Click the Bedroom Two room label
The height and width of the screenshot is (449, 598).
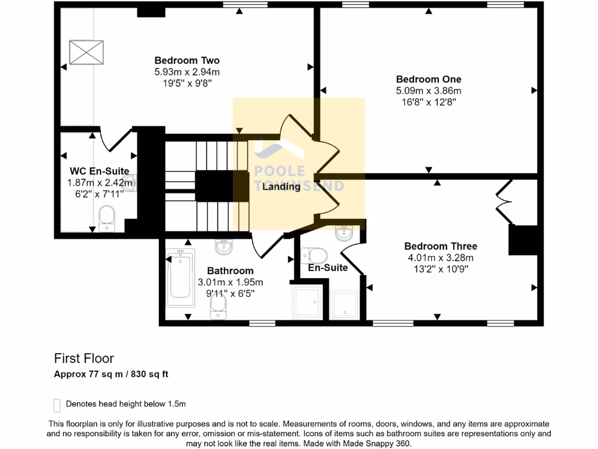187,60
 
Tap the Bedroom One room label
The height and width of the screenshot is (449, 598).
429,79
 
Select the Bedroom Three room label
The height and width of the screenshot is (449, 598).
440,246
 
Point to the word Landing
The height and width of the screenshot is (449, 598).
281,187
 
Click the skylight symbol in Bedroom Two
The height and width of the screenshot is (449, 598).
86,52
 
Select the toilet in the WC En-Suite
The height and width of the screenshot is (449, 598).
107,221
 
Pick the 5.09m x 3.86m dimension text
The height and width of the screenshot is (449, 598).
429,91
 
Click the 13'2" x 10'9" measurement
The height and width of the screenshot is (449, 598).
440,269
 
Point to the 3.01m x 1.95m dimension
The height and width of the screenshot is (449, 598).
230,282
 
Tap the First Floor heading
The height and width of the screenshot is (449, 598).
84,358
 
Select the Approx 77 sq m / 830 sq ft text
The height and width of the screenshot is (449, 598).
111,374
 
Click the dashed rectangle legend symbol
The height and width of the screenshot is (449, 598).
57,405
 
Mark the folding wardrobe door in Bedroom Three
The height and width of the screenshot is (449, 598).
503,202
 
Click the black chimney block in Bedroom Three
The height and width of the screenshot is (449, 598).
523,240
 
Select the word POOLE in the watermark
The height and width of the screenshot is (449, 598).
280,171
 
